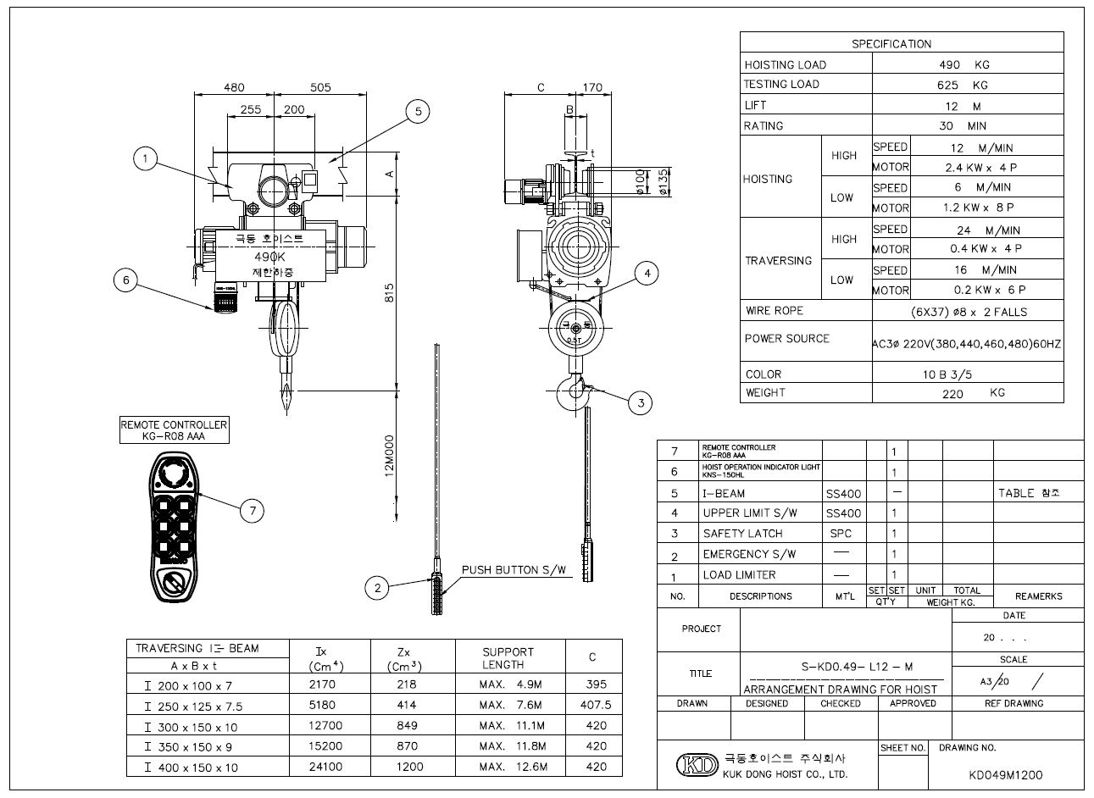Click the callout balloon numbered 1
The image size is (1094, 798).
pos(146,158)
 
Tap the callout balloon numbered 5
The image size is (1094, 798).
pos(418,112)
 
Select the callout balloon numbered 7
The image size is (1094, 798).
pos(252,510)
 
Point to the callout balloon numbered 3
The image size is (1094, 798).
pos(641,403)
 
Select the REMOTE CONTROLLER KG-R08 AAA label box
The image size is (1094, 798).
pos(174,430)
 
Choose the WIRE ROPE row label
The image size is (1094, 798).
pos(774,311)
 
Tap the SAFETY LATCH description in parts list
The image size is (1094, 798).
pos(742,534)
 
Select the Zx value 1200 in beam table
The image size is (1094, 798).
pos(407,768)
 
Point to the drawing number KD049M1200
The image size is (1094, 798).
pos(1005,774)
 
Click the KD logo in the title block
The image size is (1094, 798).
pos(695,765)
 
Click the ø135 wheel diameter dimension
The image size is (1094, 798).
pos(664,182)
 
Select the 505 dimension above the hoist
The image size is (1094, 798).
pos(319,87)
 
